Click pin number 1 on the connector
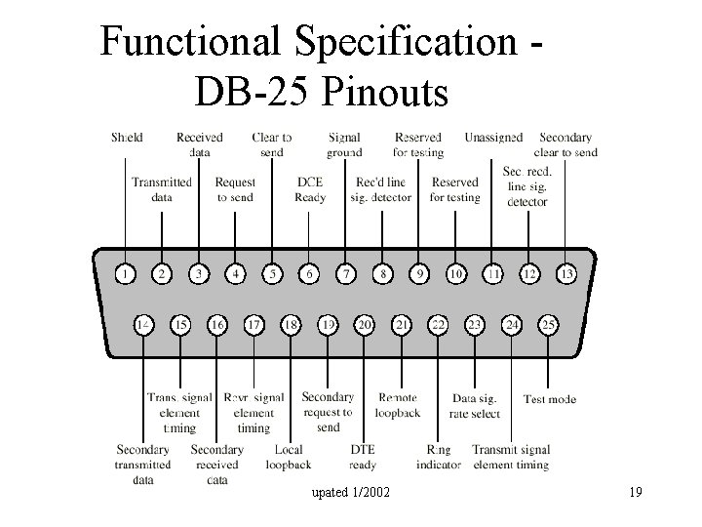coord(125,274)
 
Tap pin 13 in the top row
coord(565,274)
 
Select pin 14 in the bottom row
coord(143,323)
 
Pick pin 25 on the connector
coord(548,323)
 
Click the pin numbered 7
coord(345,274)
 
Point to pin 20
coord(365,323)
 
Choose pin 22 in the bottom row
coord(439,323)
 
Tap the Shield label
coord(127,138)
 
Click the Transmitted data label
coord(162,189)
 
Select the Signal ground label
coord(345,144)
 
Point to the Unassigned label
coord(493,138)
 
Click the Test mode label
coord(549,399)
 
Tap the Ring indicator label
coord(439,458)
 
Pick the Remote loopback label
coord(399,405)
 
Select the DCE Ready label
coord(310,189)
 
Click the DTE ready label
coord(363,458)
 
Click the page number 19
coord(635,492)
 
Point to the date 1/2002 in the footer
coord(371,492)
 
